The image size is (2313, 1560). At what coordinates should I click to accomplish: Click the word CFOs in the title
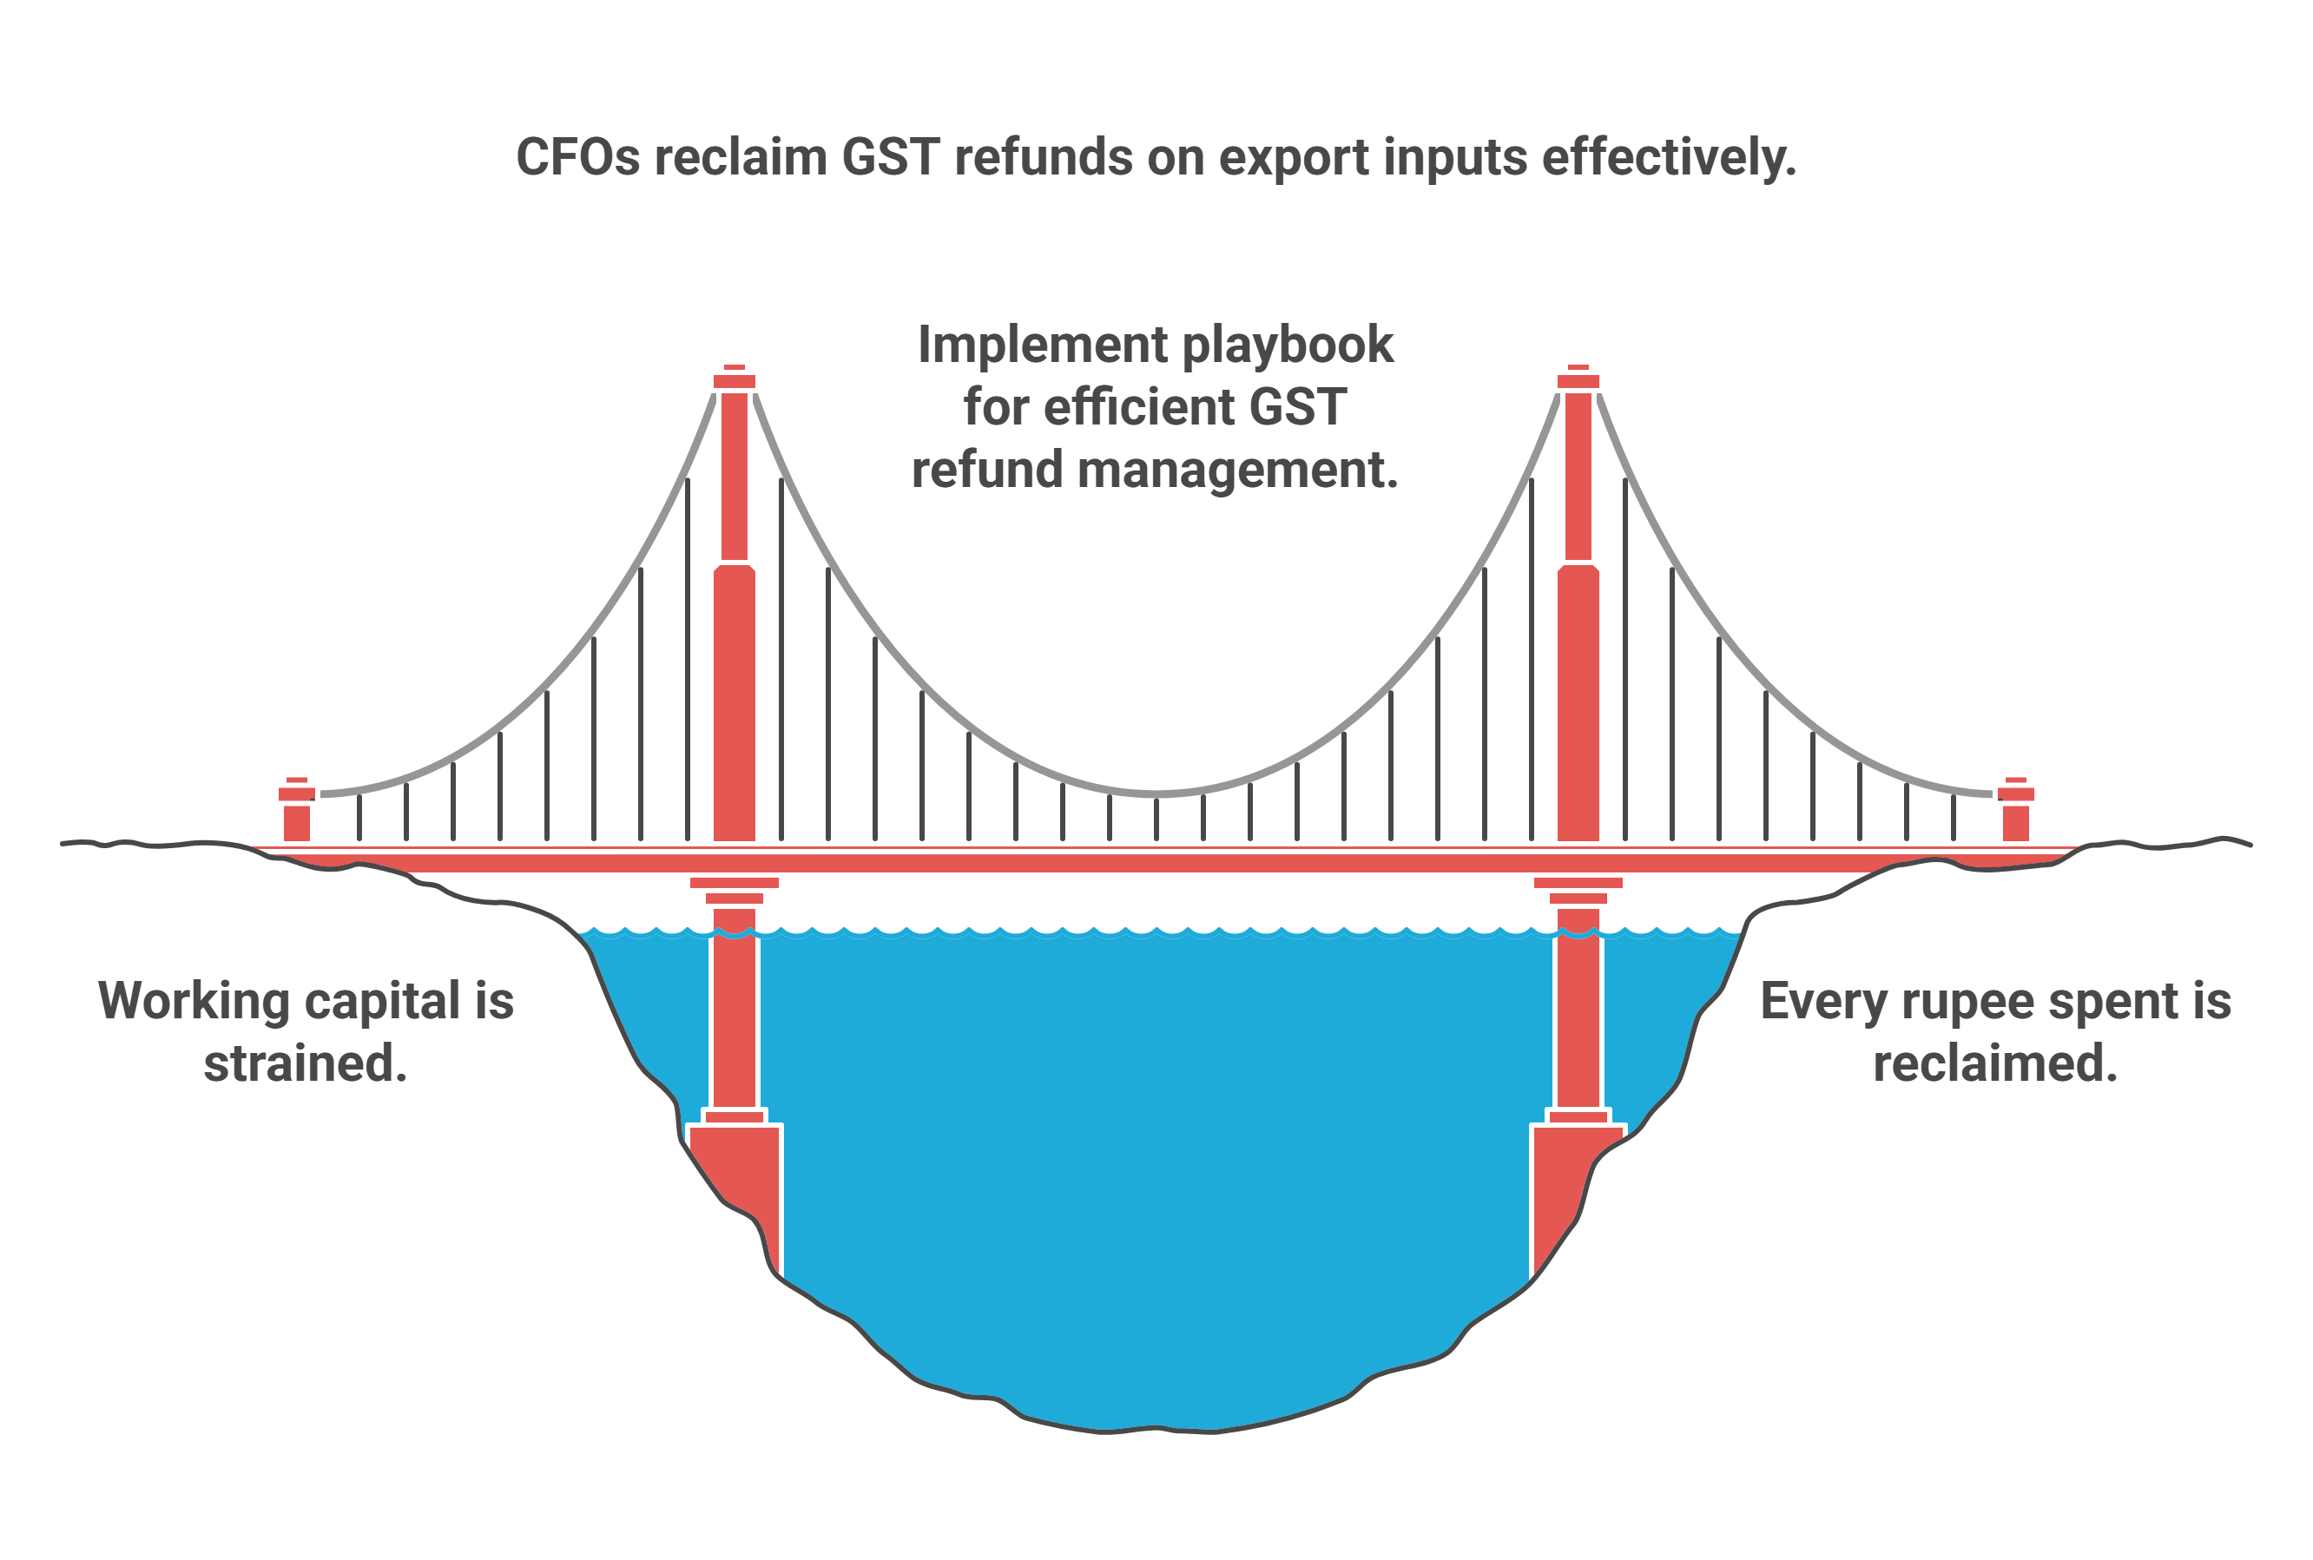click(x=577, y=157)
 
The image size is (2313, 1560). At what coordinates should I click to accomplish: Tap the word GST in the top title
click(x=889, y=157)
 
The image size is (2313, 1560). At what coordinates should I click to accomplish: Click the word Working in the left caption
click(x=193, y=1001)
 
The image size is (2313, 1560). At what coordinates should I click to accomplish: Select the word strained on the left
click(x=306, y=1063)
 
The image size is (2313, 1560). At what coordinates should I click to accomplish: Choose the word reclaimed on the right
click(x=1994, y=1063)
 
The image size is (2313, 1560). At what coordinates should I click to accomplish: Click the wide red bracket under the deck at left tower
click(x=735, y=883)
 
